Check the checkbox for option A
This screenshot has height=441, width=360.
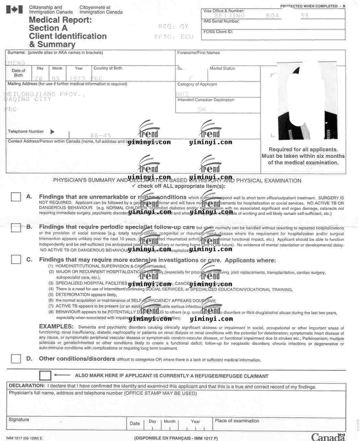(16, 197)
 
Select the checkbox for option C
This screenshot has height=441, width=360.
(16, 259)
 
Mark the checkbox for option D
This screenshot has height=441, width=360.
(16, 358)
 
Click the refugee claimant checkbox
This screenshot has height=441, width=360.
(45, 375)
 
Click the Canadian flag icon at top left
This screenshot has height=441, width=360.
(15, 10)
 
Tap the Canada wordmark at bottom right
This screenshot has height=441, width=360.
(328, 437)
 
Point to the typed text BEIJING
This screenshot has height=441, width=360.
(229, 16)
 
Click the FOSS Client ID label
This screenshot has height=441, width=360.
(218, 32)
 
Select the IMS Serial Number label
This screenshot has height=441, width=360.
(221, 21)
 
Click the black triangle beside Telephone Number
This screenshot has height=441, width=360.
(52, 132)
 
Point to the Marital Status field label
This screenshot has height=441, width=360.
(222, 68)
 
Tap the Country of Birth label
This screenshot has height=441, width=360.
(108, 68)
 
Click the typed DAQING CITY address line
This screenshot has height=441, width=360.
(28, 99)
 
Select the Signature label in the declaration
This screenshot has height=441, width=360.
(19, 420)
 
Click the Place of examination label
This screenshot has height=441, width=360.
(237, 421)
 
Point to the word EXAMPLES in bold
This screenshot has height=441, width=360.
(56, 327)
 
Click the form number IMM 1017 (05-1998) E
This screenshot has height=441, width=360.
(24, 438)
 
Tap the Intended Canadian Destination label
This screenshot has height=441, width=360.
(206, 100)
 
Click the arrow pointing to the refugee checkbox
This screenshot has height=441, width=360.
(62, 375)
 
